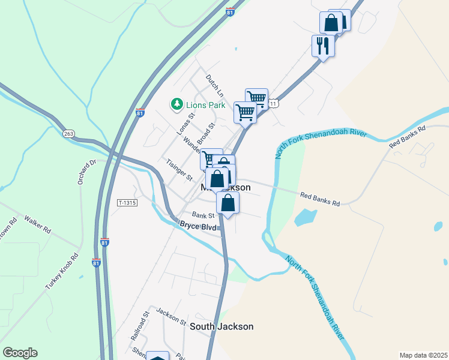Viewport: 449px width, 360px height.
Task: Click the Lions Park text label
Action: pyautogui.click(x=205, y=105)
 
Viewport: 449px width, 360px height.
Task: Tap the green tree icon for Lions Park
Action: pyautogui.click(x=177, y=105)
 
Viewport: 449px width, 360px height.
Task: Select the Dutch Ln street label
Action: pyautogui.click(x=214, y=85)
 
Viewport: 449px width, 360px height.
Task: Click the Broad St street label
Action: pyautogui.click(x=205, y=134)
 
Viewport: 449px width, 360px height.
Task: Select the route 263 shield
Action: pyautogui.click(x=67, y=134)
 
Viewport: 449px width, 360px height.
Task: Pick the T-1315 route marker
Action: pyautogui.click(x=127, y=203)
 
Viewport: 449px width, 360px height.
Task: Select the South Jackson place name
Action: pyautogui.click(x=221, y=326)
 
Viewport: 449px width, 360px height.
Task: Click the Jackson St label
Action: pyautogui.click(x=171, y=316)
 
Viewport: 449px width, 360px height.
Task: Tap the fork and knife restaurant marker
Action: pyautogui.click(x=322, y=45)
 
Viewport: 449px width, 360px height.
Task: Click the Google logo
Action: pyautogui.click(x=20, y=353)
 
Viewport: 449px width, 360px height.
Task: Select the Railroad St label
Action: pyautogui.click(x=139, y=326)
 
